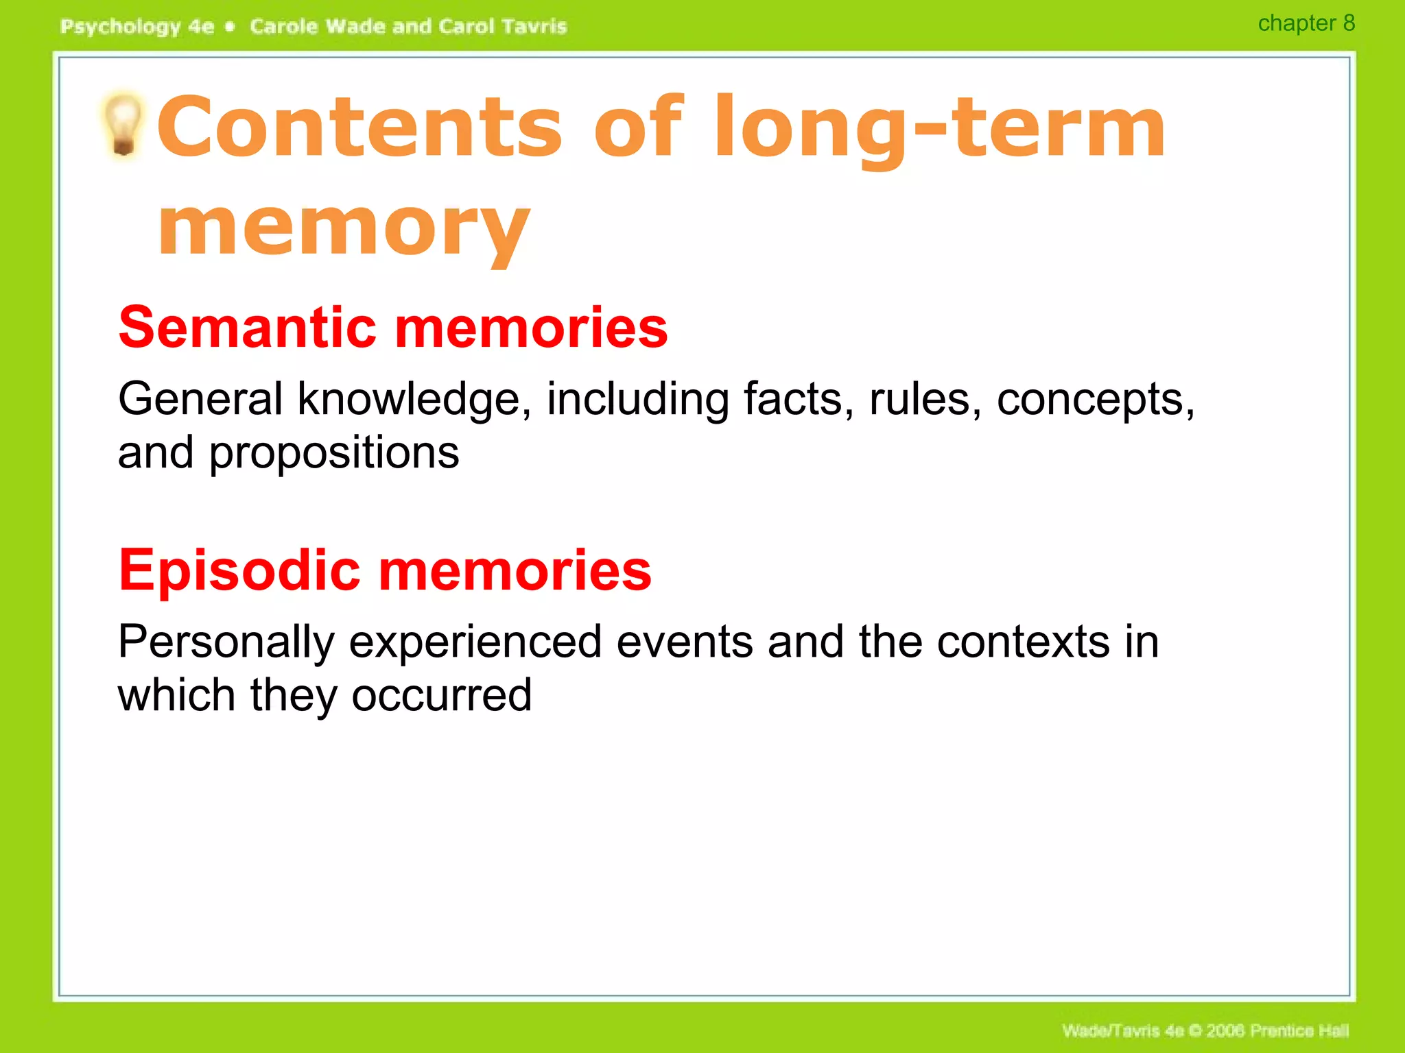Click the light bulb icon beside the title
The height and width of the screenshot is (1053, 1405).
123,125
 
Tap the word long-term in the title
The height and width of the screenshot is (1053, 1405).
939,128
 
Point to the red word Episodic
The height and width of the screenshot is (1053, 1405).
239,570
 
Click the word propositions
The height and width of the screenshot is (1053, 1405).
334,454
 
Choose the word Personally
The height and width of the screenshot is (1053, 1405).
226,643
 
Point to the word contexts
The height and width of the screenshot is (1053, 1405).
1023,643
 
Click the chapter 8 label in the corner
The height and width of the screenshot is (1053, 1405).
1306,23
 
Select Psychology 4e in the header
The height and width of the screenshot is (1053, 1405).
137,27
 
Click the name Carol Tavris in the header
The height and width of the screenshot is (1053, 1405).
502,27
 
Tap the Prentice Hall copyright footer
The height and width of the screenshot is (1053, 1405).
1205,1030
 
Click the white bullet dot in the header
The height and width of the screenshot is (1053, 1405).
231,27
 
